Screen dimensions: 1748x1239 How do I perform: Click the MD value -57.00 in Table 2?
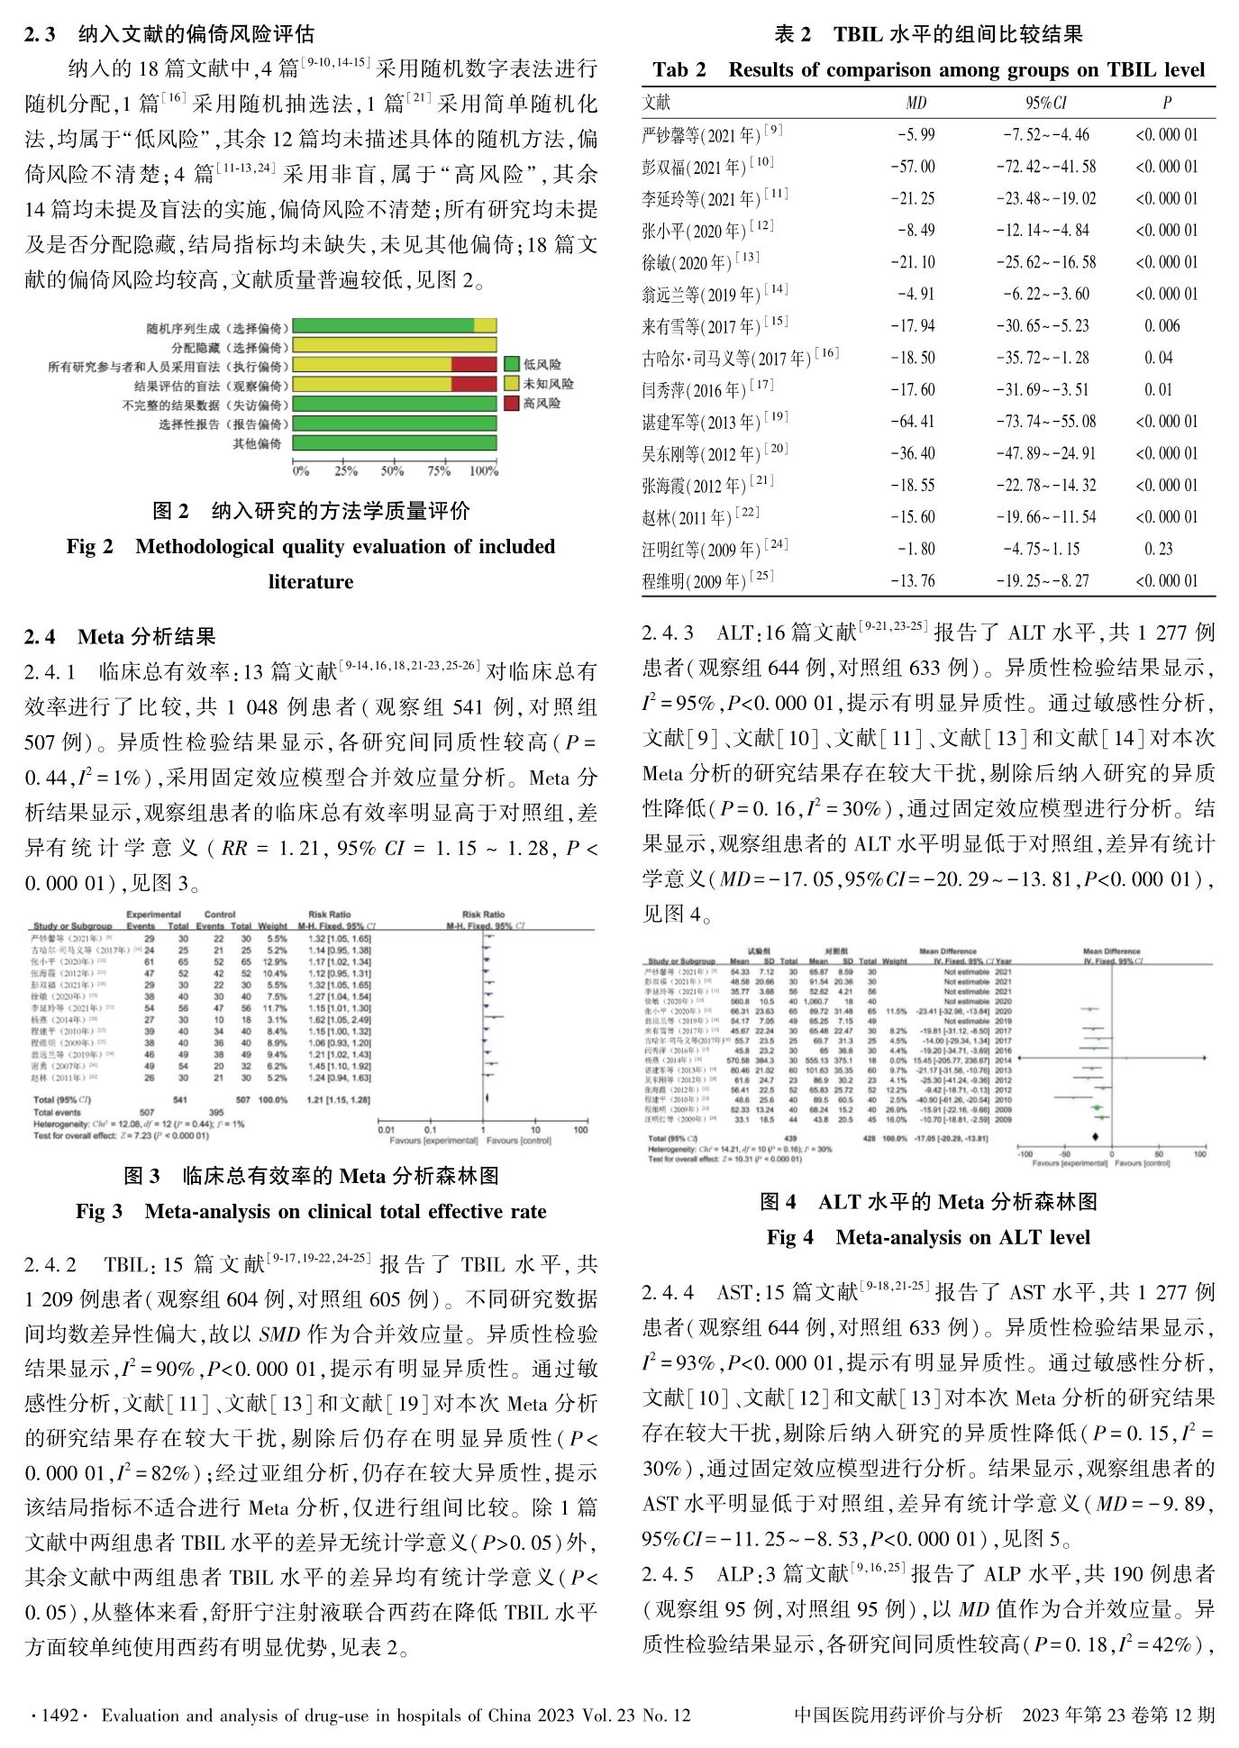point(913,167)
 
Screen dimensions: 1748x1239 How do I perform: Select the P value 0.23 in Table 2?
point(1158,549)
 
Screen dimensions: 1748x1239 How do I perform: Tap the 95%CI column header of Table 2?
point(1045,103)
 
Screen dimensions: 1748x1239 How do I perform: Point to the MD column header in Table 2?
point(916,103)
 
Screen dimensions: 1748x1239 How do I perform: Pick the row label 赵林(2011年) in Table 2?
point(700,517)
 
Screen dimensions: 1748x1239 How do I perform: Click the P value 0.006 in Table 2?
point(1162,326)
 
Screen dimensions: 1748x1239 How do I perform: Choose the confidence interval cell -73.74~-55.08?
point(1045,422)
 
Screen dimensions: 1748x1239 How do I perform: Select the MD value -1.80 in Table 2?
point(916,549)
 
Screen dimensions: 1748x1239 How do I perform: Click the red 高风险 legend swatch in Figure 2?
point(511,402)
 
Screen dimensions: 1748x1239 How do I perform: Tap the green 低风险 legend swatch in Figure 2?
point(511,364)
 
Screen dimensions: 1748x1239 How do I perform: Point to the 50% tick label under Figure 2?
point(392,471)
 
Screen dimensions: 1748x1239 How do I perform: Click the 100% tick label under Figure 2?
point(484,471)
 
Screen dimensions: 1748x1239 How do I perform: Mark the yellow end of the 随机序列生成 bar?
point(485,326)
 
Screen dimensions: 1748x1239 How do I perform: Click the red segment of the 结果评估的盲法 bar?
point(474,385)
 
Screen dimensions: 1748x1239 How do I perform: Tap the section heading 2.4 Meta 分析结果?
point(120,637)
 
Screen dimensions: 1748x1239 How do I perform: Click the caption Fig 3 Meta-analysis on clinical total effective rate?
point(311,1211)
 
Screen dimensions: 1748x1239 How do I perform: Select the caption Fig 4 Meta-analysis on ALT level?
point(928,1237)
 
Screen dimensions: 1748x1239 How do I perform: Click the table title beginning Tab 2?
point(928,69)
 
